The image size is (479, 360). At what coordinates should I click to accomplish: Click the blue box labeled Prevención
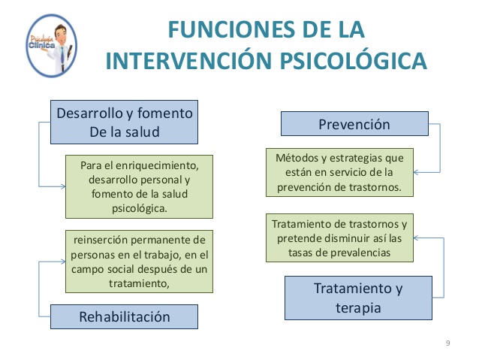pyautogui.click(x=354, y=125)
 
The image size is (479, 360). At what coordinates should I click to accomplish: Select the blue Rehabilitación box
pyautogui.click(x=125, y=316)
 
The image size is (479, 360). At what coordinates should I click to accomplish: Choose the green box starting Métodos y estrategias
pyautogui.click(x=339, y=171)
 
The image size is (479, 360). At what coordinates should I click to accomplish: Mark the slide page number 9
pyautogui.click(x=447, y=343)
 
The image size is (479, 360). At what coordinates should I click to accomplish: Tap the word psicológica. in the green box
pyautogui.click(x=138, y=208)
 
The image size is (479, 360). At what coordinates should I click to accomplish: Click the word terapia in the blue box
pyautogui.click(x=357, y=307)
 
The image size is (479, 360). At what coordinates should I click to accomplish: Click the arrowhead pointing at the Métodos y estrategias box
pyautogui.click(x=417, y=171)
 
